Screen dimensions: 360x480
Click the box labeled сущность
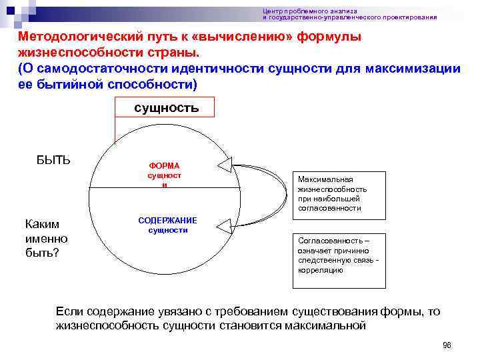(x=166, y=107)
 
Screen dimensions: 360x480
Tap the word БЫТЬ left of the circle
(x=53, y=159)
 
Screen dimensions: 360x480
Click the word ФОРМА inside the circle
(x=163, y=165)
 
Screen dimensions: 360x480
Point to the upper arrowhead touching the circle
(x=225, y=165)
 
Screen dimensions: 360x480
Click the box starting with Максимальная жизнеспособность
(x=339, y=193)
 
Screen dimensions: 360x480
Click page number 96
(x=447, y=345)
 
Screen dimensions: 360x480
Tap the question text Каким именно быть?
(x=46, y=239)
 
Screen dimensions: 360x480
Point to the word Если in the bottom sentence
(x=69, y=311)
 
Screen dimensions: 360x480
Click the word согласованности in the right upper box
(x=329, y=208)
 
